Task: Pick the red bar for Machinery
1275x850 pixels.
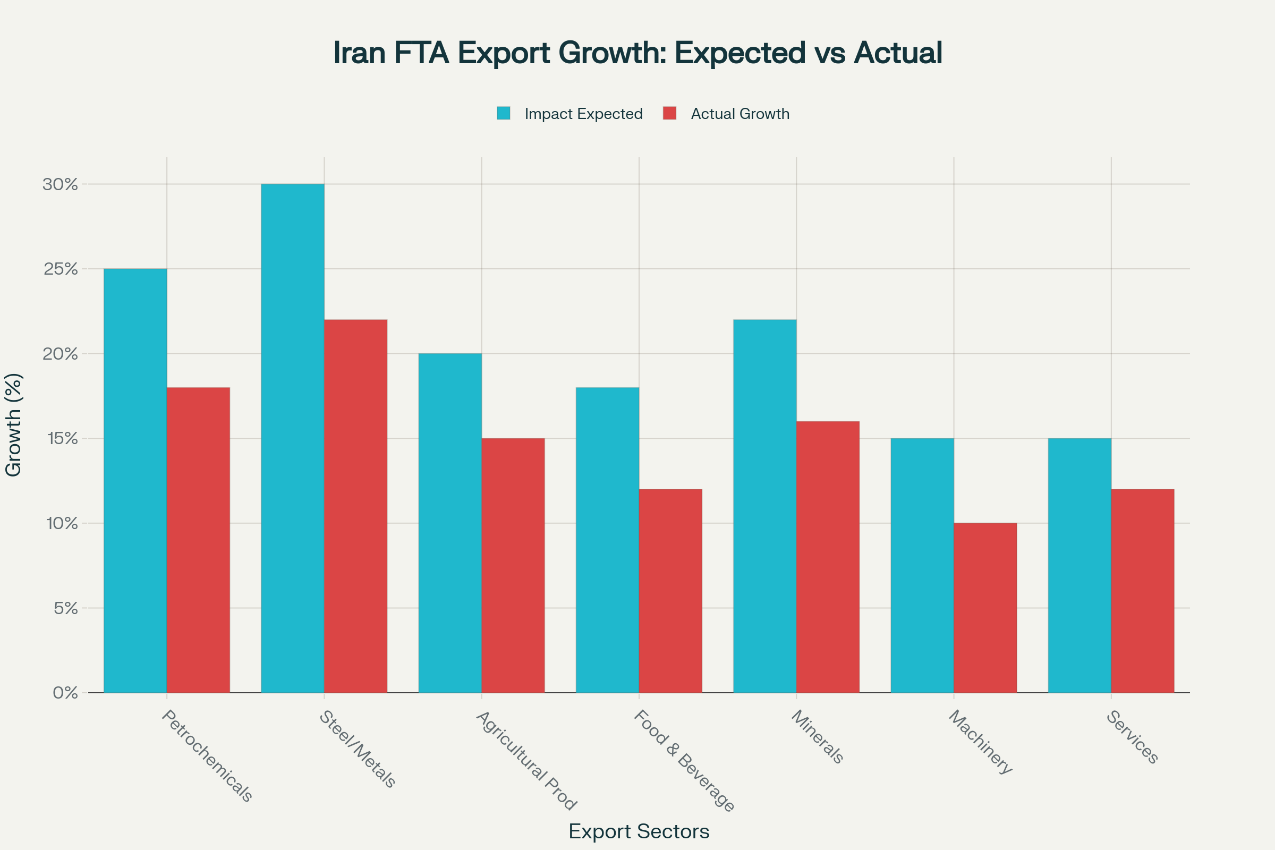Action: coord(985,608)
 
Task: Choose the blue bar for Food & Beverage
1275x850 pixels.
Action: coord(607,540)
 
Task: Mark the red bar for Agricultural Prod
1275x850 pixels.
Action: coord(513,565)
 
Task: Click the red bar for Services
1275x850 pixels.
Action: coord(1143,591)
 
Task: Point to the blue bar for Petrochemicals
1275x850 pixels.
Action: coord(135,480)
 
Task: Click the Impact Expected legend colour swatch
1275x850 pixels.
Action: coord(504,113)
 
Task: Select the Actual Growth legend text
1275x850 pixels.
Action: coord(740,114)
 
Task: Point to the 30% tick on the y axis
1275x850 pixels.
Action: coord(61,184)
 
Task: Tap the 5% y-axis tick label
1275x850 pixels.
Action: coord(65,608)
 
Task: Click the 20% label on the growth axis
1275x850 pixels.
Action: coord(61,354)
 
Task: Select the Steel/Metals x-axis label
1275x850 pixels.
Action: coord(358,749)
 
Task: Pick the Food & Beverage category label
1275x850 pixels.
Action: coord(684,761)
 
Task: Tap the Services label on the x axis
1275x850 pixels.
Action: coord(1133,737)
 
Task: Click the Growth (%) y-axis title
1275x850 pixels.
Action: coord(13,425)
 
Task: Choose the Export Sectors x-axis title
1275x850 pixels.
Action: coord(639,831)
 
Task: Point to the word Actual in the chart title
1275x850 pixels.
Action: coord(898,53)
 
